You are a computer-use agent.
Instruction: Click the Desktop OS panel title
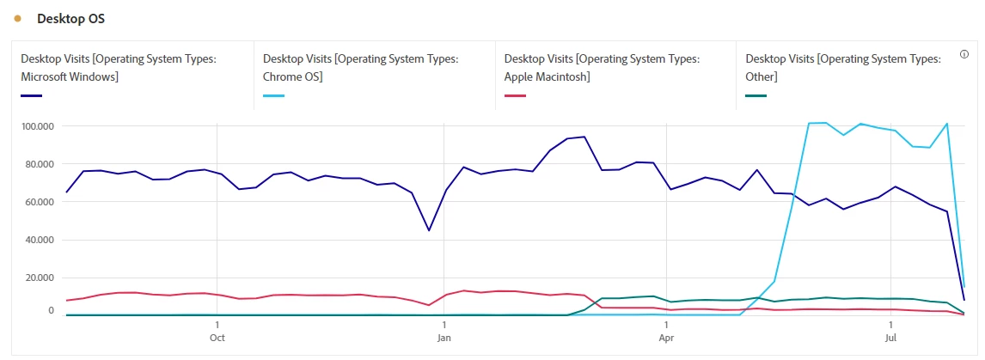[70, 19]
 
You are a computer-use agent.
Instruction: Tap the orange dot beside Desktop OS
[18, 19]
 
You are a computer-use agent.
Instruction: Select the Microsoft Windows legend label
[118, 67]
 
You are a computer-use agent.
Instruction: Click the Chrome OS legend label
[360, 67]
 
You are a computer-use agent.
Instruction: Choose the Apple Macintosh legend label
[602, 67]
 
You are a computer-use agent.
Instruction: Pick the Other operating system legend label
[843, 67]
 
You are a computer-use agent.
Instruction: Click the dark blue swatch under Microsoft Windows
[31, 95]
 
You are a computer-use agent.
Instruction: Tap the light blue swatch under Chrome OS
[273, 95]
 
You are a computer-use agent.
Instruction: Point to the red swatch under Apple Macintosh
[515, 95]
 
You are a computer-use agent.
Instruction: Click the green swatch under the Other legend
[756, 95]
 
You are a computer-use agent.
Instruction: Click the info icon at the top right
[964, 54]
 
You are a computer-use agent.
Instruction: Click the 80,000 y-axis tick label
[39, 164]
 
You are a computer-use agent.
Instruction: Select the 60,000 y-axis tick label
[39, 202]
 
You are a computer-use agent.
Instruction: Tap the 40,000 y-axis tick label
[39, 240]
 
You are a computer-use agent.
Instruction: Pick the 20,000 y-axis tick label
[39, 278]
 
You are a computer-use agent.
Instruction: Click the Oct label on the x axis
[217, 338]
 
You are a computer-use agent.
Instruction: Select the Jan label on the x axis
[444, 338]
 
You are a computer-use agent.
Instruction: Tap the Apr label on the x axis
[666, 338]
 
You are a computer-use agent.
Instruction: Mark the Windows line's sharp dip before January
[429, 230]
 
